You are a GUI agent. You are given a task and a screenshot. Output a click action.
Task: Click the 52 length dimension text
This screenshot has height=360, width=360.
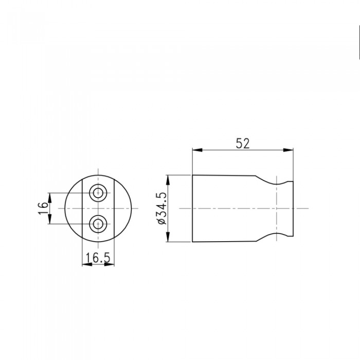(242, 143)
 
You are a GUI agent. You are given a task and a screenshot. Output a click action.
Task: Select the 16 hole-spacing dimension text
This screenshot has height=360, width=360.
(43, 208)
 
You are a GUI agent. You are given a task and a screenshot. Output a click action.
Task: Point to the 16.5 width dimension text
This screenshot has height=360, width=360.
(98, 258)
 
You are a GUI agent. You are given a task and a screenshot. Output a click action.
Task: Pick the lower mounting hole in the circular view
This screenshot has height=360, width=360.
(98, 224)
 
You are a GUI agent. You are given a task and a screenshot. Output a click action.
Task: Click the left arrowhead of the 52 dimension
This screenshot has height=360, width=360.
(197, 150)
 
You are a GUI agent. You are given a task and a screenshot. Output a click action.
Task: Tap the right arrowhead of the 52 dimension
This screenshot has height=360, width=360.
(289, 150)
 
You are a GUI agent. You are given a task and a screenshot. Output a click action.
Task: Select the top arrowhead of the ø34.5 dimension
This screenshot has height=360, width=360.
(168, 180)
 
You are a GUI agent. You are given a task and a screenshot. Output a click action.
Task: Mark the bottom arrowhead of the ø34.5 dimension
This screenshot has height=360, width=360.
(168, 237)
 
